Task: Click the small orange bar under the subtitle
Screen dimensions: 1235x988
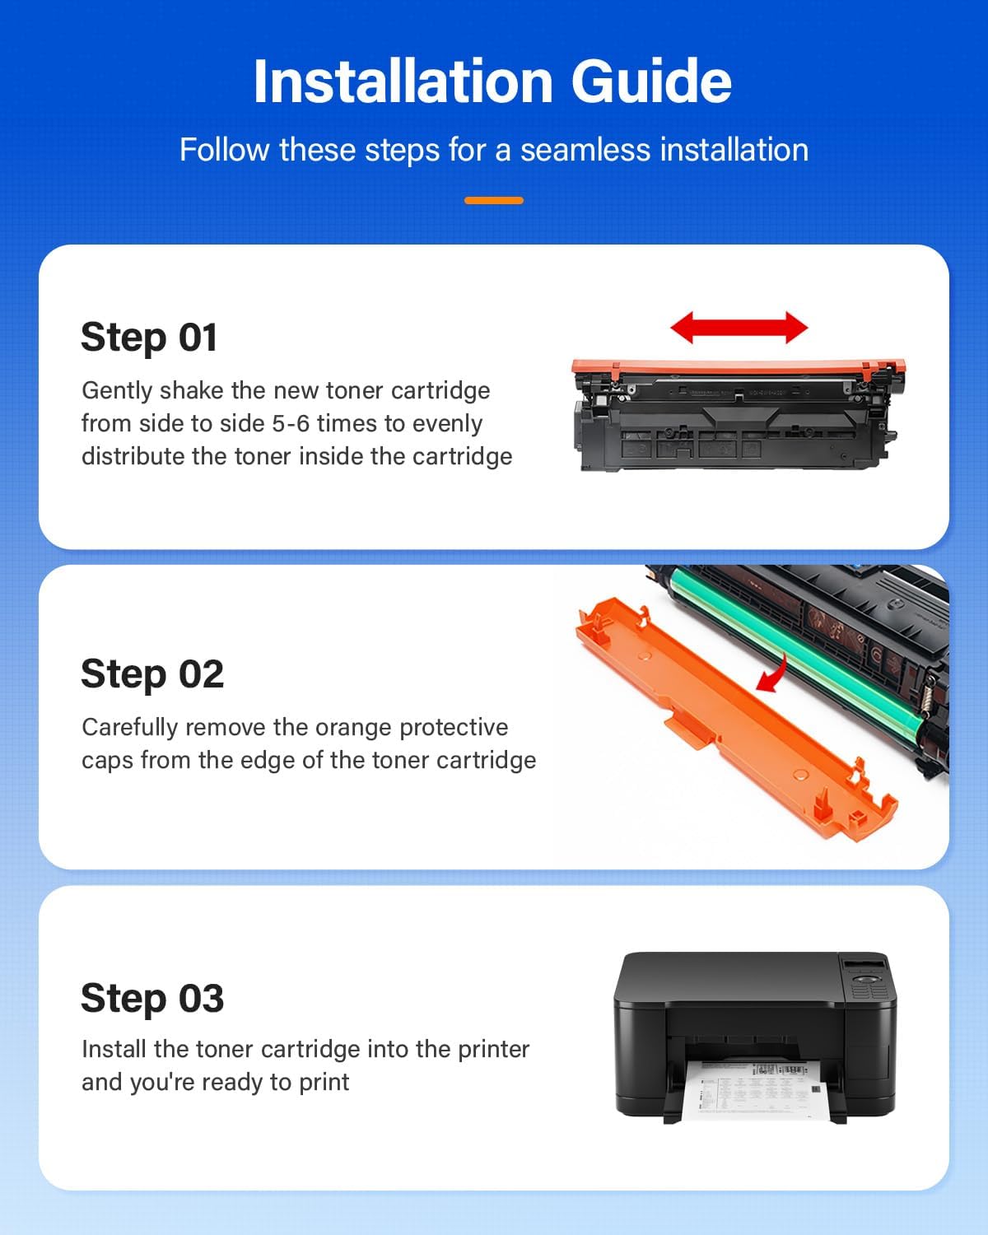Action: (494, 200)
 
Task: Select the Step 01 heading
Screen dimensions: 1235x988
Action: (149, 338)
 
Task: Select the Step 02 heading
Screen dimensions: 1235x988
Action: (152, 674)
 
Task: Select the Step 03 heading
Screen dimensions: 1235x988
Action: (152, 999)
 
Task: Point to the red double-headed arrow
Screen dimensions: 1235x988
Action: (739, 328)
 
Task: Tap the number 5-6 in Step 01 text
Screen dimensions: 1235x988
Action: (291, 423)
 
